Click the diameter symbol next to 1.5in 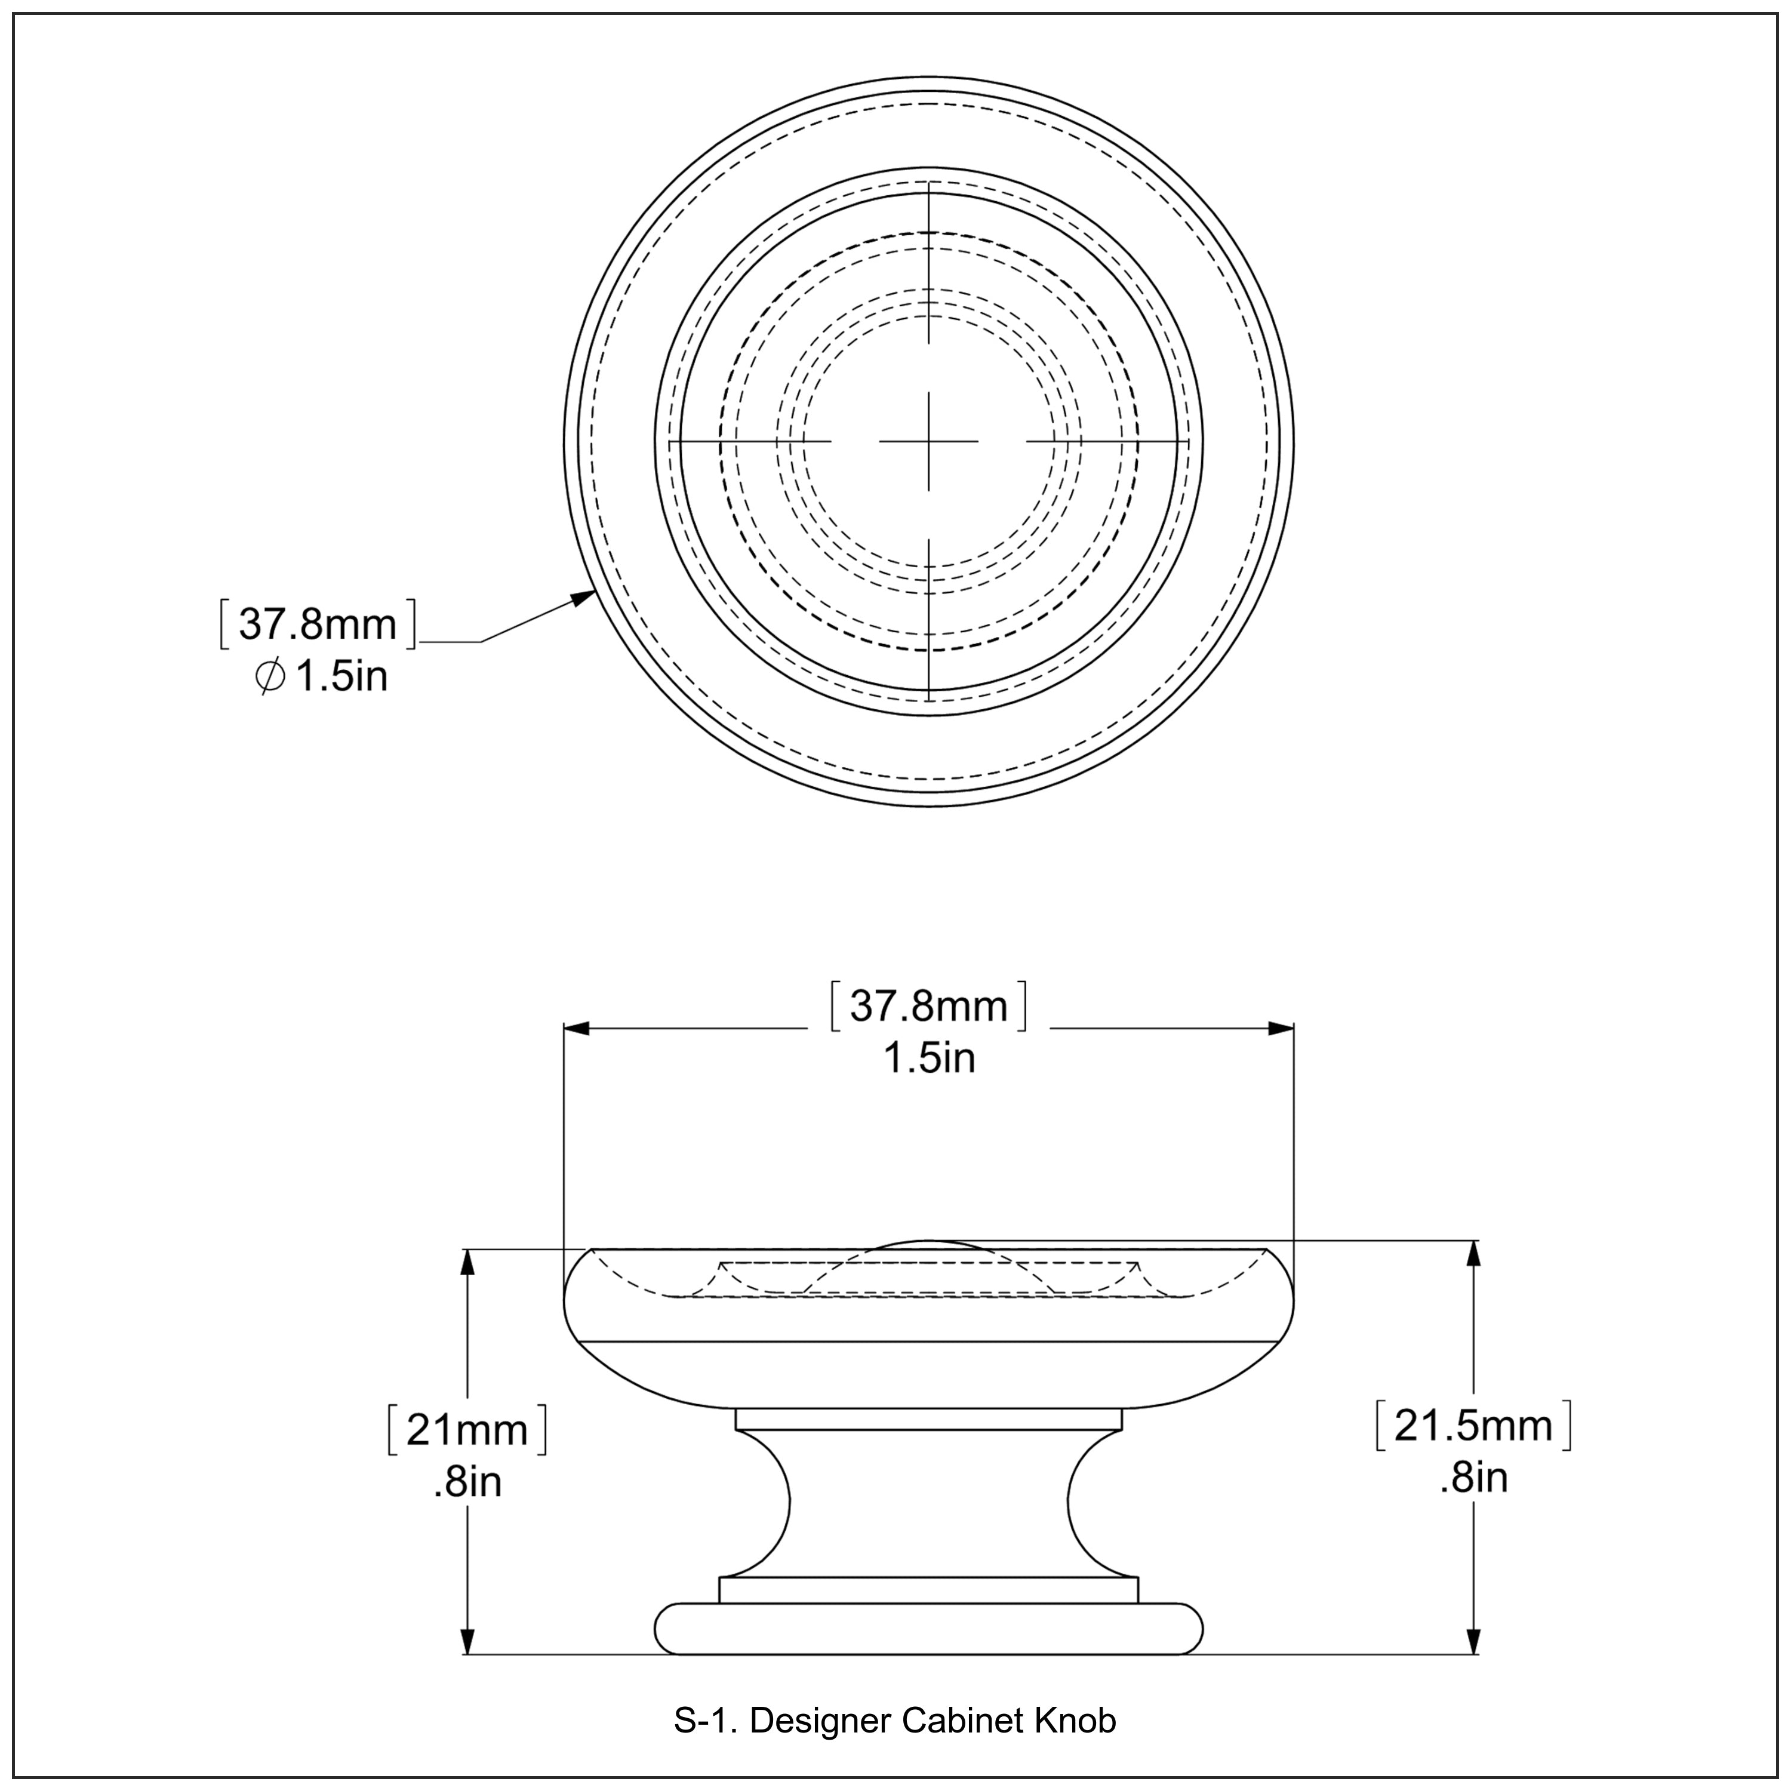pos(270,678)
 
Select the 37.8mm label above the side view pos(928,1006)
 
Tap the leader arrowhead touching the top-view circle pos(584,598)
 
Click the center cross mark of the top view pos(928,441)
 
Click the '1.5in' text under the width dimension pos(928,1058)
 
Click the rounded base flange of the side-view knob pos(928,1629)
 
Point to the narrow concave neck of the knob pos(928,1502)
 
